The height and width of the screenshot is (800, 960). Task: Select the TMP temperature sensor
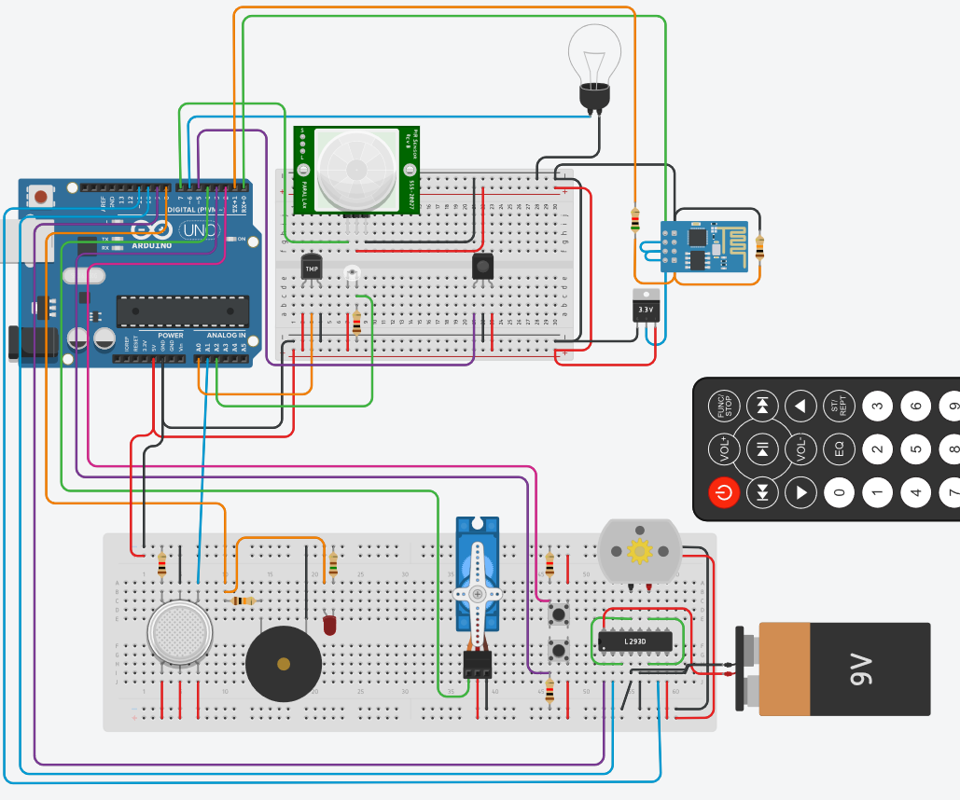pos(311,267)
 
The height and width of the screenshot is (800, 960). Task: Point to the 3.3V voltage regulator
pos(646,307)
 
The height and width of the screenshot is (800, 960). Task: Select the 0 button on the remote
pos(839,491)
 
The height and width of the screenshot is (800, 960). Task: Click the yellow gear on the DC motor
pos(639,551)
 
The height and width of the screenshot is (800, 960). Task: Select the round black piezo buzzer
pos(283,664)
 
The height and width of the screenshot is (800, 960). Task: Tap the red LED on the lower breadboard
pos(329,625)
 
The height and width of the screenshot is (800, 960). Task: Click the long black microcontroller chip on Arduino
pos(182,310)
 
